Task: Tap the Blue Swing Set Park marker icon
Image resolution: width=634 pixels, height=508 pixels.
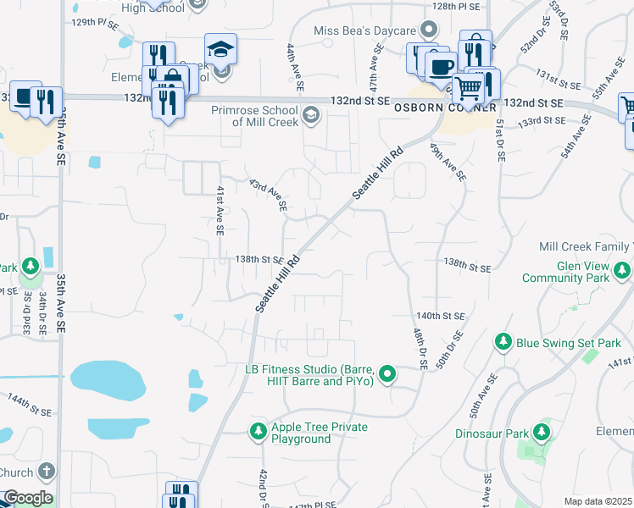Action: (x=503, y=342)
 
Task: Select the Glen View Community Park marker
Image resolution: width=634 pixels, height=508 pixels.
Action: (x=623, y=271)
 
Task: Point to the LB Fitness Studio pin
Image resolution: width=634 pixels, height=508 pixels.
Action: (x=387, y=373)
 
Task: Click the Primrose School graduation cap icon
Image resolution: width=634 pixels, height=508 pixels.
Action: (x=311, y=114)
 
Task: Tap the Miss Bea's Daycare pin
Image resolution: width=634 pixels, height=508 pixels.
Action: (x=430, y=31)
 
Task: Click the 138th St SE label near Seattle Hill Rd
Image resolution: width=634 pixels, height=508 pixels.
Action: (x=259, y=259)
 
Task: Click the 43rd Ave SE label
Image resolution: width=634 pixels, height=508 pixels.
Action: (x=269, y=195)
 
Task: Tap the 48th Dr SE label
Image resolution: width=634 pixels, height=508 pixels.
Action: (x=418, y=347)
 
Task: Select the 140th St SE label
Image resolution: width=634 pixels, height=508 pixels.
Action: (x=441, y=315)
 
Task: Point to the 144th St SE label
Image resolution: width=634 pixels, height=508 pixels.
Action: (x=30, y=403)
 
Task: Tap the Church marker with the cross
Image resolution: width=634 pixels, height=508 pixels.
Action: (x=47, y=472)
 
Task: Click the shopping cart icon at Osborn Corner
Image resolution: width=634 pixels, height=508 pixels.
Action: (x=467, y=87)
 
